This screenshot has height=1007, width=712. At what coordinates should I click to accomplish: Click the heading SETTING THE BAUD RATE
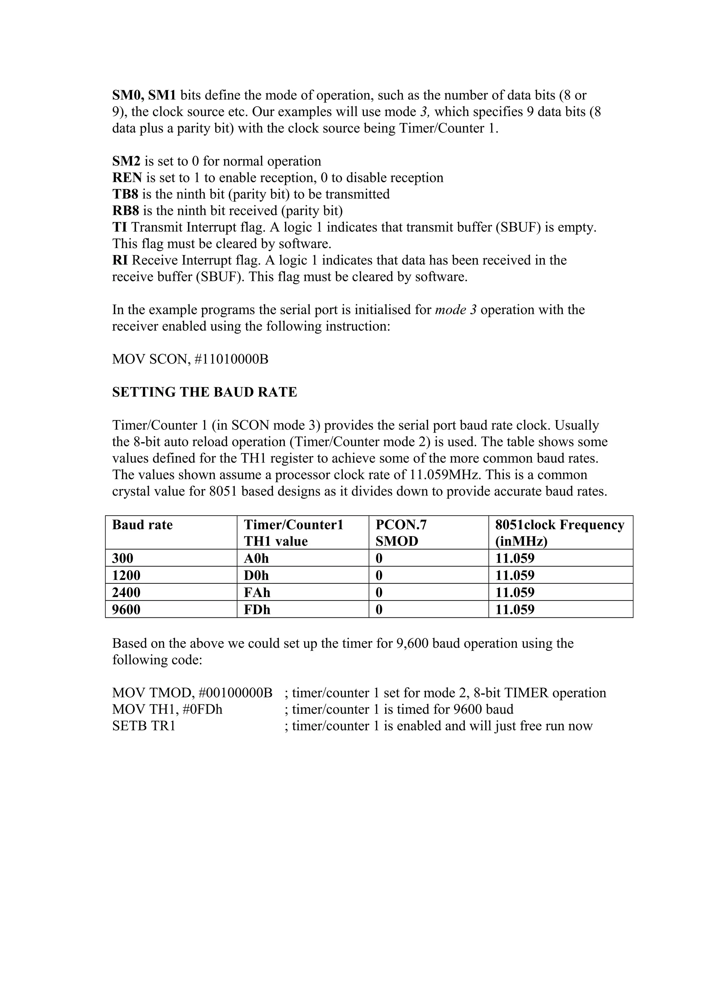click(x=204, y=392)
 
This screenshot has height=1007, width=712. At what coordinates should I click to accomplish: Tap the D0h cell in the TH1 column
click(x=256, y=575)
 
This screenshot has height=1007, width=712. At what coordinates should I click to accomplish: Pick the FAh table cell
click(x=257, y=592)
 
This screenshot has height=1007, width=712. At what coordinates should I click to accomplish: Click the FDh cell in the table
click(x=257, y=609)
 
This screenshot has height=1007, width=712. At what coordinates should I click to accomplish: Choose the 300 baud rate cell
click(x=122, y=558)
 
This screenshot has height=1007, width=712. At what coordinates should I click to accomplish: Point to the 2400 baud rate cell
click(x=126, y=592)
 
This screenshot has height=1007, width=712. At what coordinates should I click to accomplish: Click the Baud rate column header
click(x=142, y=525)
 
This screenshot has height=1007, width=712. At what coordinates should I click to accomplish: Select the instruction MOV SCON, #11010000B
click(x=190, y=359)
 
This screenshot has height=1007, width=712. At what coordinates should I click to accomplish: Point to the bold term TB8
click(x=125, y=194)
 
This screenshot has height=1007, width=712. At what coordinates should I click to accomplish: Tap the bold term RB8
click(x=126, y=211)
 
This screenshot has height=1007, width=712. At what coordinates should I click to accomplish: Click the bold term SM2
click(x=126, y=161)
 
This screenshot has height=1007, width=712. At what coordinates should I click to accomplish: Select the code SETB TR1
click(x=144, y=726)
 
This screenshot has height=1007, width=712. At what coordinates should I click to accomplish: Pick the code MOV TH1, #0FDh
click(x=167, y=709)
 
